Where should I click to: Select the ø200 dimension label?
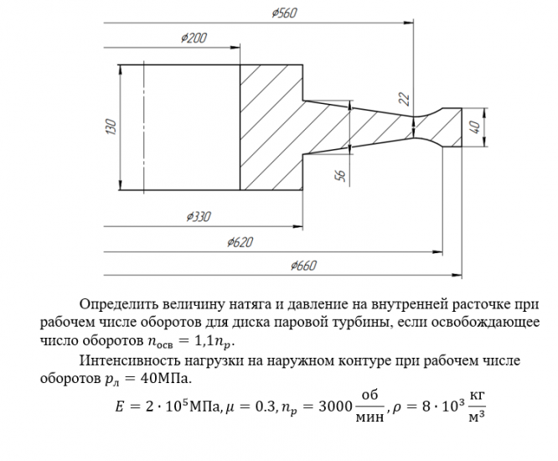coord(194,39)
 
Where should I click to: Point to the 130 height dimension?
coord(111,129)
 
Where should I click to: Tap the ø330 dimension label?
coord(197,217)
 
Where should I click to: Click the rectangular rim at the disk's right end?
coord(451,127)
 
